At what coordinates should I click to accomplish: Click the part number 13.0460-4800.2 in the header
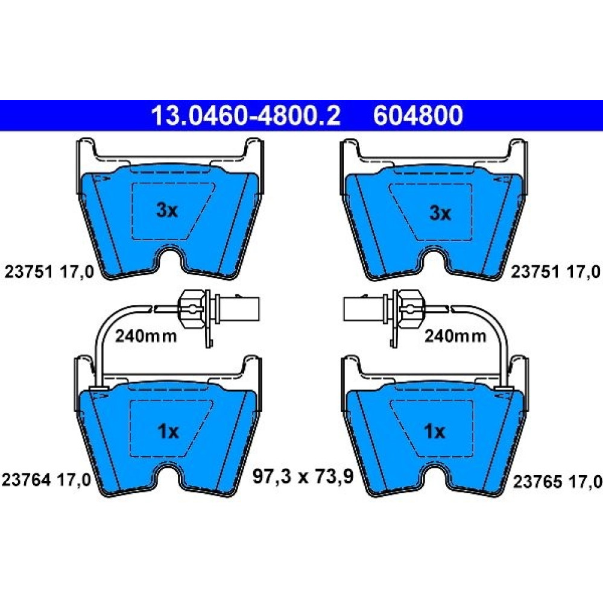point(246,115)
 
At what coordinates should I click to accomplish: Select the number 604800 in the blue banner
point(418,115)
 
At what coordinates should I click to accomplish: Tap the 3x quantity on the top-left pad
point(167,210)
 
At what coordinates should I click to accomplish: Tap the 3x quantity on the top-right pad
point(440,213)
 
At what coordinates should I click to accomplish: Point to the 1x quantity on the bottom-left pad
point(168,432)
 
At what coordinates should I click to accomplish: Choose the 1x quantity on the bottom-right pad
point(434,432)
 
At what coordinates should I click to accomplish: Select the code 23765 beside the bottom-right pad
point(538,481)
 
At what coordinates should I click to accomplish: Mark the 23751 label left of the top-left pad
point(28,272)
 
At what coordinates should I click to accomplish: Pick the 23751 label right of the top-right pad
point(535,272)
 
